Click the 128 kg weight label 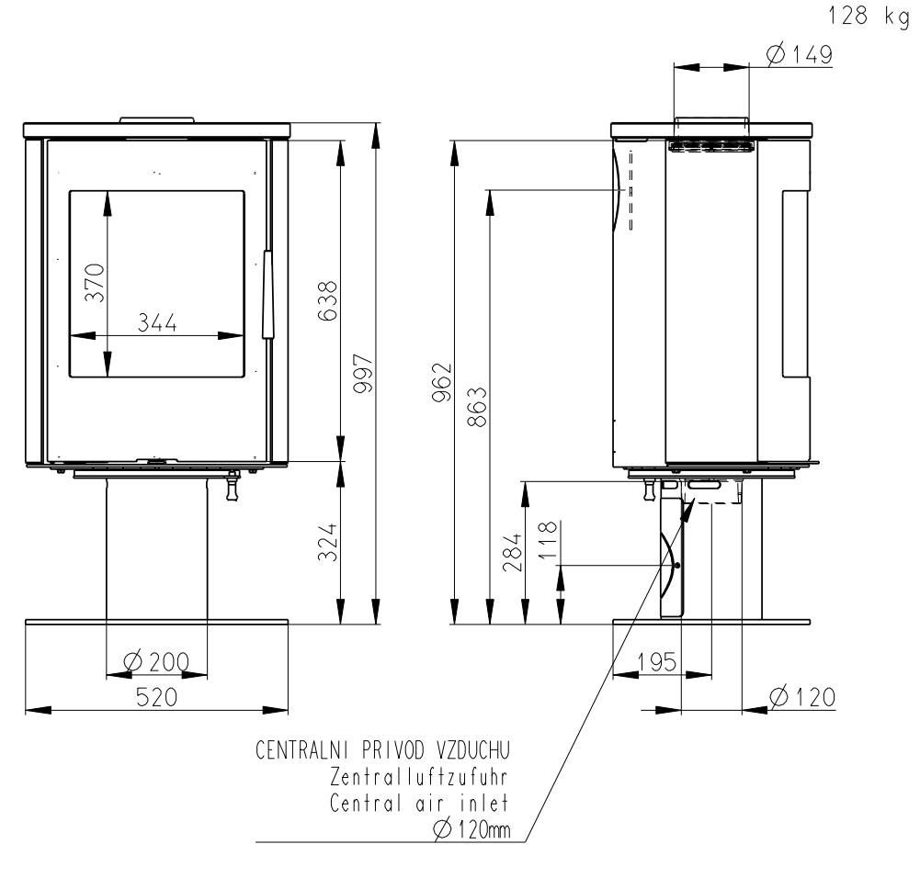(x=869, y=16)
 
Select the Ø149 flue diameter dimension (x=800, y=55)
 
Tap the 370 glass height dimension (x=95, y=283)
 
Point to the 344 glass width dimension (x=157, y=322)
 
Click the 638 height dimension (x=328, y=300)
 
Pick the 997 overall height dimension (x=363, y=374)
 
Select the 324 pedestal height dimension (x=328, y=542)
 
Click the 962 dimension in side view (x=442, y=382)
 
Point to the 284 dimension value (x=512, y=552)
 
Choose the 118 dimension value (x=547, y=540)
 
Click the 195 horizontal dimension (x=657, y=662)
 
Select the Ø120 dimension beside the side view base (x=802, y=697)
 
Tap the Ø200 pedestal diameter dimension (x=157, y=662)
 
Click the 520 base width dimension (x=156, y=697)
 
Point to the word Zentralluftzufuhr (x=419, y=777)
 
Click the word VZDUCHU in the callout (x=473, y=750)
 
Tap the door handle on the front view (x=268, y=294)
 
